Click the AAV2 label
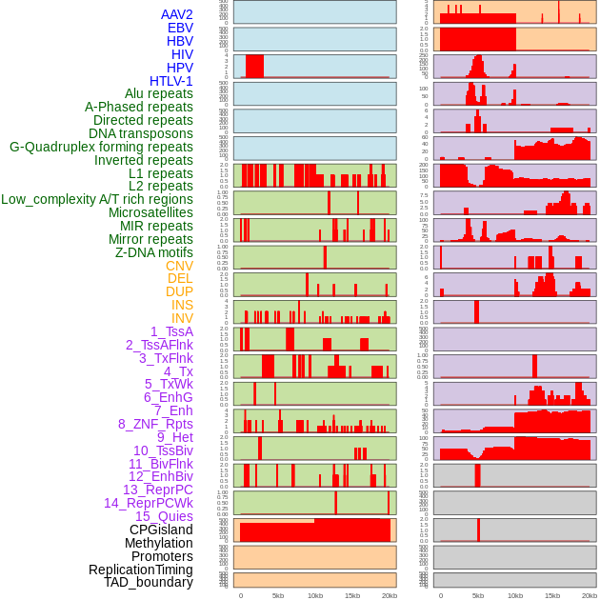tap(177, 14)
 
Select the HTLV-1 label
tap(171, 81)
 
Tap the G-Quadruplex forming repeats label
tap(101, 147)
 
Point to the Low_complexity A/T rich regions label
tap(97, 199)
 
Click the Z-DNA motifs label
tap(154, 252)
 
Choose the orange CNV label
tap(179, 266)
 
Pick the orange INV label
tap(182, 318)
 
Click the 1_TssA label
tap(171, 331)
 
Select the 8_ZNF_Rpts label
tap(155, 424)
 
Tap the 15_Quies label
tap(164, 516)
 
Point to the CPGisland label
tap(161, 530)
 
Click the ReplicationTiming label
tap(141, 570)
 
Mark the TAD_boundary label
tap(149, 582)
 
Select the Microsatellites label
tap(150, 212)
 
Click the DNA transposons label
tap(141, 133)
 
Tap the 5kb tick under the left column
tap(278, 595)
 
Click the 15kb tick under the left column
tap(352, 595)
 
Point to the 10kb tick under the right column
tap(515, 595)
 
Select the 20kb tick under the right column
tap(590, 595)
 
